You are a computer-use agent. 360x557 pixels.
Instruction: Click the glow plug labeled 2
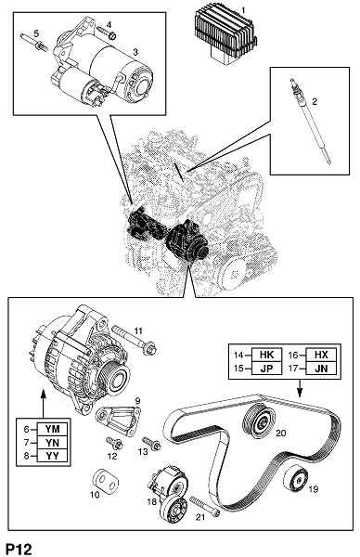[x=310, y=121]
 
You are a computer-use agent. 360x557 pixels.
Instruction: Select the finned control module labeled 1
[x=225, y=35]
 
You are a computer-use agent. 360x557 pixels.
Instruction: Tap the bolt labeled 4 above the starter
[x=107, y=32]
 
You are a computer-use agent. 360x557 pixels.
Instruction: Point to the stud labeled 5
[x=34, y=42]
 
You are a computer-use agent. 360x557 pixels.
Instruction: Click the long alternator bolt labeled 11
[x=135, y=341]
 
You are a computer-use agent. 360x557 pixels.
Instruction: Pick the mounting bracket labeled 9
[x=118, y=421]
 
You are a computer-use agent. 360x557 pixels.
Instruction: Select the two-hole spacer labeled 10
[x=106, y=480]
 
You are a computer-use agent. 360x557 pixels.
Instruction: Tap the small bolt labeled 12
[x=114, y=443]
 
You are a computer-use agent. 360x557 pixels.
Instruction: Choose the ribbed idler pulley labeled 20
[x=259, y=421]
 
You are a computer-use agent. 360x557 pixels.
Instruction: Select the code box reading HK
[x=266, y=355]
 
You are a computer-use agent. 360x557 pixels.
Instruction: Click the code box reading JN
[x=321, y=369]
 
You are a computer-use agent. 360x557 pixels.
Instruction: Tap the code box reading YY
[x=53, y=456]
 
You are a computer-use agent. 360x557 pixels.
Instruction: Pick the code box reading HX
[x=321, y=355]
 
